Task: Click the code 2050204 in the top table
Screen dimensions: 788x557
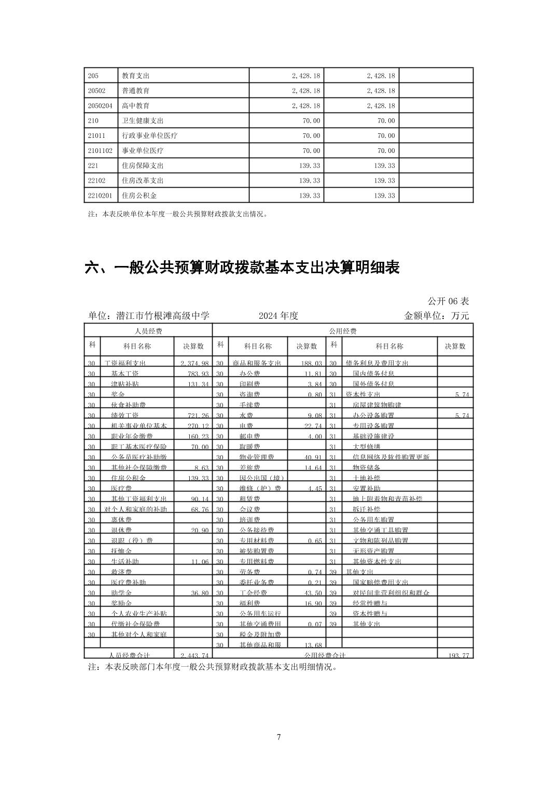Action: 96,106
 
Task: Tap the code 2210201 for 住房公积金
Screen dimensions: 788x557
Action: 96,196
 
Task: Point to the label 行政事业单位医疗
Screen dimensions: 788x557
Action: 149,136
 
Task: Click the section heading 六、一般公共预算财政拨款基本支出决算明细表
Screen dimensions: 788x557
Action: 242,268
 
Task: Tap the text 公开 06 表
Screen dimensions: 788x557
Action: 448,301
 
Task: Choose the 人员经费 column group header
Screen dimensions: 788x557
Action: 148,331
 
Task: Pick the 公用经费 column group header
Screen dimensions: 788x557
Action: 342,331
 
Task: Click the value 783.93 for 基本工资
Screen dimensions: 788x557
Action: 198,374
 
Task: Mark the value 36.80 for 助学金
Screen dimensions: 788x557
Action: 199,593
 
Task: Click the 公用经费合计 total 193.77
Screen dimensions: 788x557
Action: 458,655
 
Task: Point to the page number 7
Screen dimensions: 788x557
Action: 279,737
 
